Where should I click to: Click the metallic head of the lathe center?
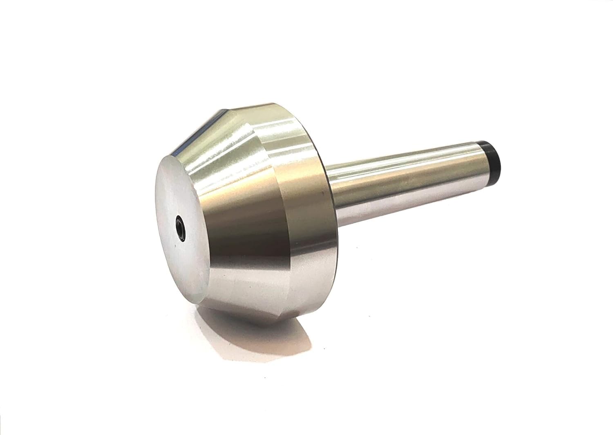[245, 204]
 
